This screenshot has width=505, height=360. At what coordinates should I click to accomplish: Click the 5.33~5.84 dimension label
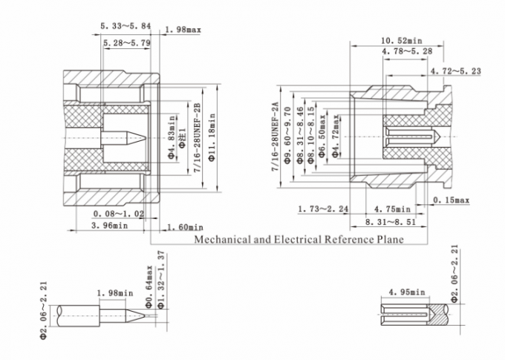coord(126,26)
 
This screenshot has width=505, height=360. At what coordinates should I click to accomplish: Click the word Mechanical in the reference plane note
coord(220,240)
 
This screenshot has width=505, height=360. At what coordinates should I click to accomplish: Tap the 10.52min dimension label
coord(402,40)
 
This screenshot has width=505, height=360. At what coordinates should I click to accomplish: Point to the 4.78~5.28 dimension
coord(408,52)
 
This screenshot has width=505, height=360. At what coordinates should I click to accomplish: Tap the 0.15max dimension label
coord(451,200)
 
